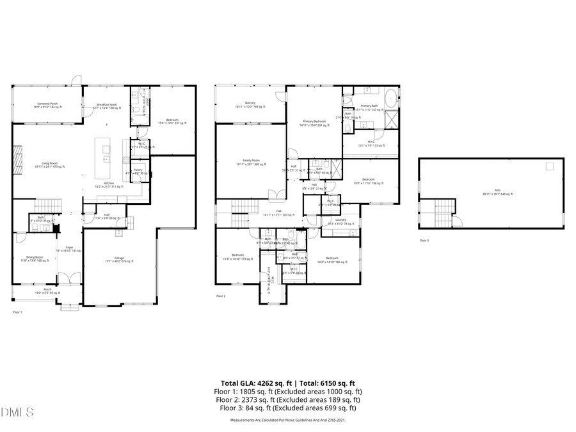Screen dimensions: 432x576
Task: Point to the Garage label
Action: pyautogui.click(x=119, y=259)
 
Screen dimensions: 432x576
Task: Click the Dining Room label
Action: pyautogui.click(x=35, y=259)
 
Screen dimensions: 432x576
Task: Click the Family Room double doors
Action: pyautogui.click(x=274, y=195)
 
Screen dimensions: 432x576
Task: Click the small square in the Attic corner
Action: pyautogui.click(x=549, y=166)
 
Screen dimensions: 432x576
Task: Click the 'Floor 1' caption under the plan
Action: pyautogui.click(x=17, y=312)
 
